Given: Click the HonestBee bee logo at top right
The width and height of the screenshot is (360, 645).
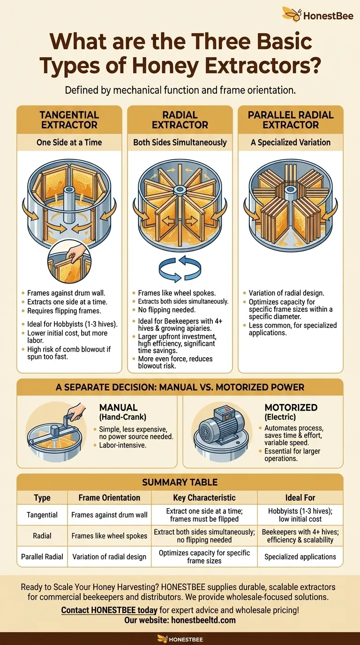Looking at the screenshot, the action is pyautogui.click(x=292, y=14).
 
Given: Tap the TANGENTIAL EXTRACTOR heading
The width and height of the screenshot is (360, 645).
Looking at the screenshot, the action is pyautogui.click(x=69, y=120).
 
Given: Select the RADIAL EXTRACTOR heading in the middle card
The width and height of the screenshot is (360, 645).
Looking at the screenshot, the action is pyautogui.click(x=180, y=120).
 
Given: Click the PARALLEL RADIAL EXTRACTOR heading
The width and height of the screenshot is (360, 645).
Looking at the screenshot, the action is pyautogui.click(x=291, y=120).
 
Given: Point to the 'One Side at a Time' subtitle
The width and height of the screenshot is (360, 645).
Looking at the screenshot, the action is pyautogui.click(x=69, y=142).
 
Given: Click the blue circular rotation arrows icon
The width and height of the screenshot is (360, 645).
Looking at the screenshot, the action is pyautogui.click(x=180, y=269).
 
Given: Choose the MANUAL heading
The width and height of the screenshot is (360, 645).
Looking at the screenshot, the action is pyautogui.click(x=119, y=407).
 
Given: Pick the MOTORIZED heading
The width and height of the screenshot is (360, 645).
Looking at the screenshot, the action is pyautogui.click(x=291, y=407).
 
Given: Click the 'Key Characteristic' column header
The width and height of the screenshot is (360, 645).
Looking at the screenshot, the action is pyautogui.click(x=204, y=497).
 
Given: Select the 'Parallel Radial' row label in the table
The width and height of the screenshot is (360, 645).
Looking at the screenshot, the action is pyautogui.click(x=42, y=556).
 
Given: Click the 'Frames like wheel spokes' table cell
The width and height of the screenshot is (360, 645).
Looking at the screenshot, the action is pyautogui.click(x=109, y=536).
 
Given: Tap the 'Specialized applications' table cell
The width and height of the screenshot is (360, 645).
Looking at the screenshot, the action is pyautogui.click(x=300, y=556).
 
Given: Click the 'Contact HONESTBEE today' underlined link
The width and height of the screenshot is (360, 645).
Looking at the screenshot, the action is pyautogui.click(x=109, y=610).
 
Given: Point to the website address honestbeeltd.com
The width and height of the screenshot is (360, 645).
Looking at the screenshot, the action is pyautogui.click(x=203, y=620).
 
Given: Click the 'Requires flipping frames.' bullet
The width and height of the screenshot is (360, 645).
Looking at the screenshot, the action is pyautogui.click(x=64, y=311).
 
